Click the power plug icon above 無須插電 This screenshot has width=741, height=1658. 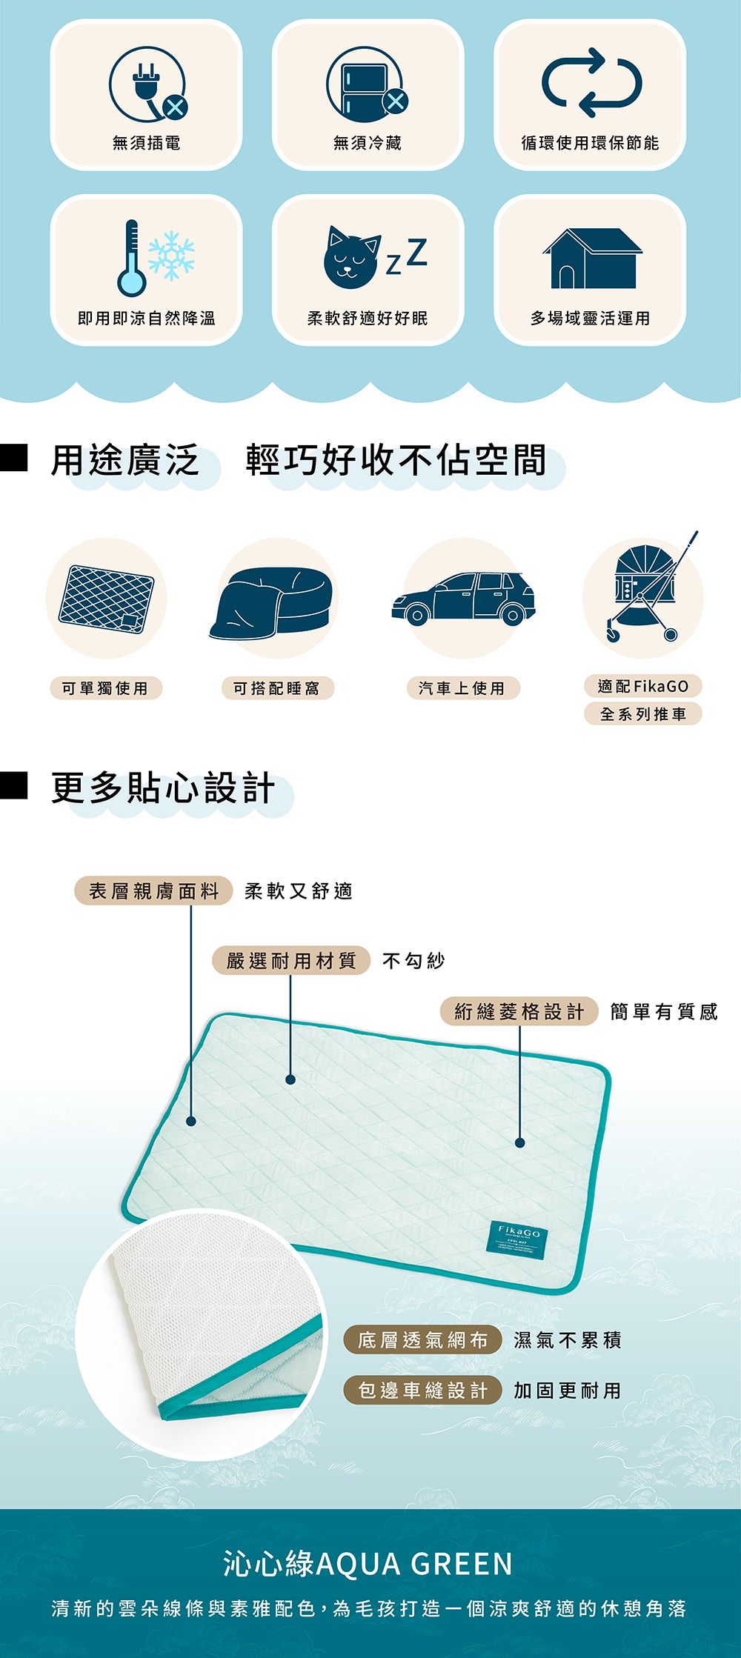[x=147, y=84]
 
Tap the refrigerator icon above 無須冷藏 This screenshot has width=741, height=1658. [x=366, y=84]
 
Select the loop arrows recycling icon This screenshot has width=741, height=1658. [x=591, y=82]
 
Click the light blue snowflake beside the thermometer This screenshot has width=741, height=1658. [x=171, y=256]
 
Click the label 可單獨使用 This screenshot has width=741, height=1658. [x=105, y=688]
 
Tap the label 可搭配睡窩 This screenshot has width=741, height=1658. [x=277, y=688]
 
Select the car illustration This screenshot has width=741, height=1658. [x=463, y=598]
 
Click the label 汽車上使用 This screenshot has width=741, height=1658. [x=462, y=688]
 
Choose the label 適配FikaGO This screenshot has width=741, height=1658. [x=642, y=686]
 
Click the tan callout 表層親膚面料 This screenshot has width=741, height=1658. [x=153, y=890]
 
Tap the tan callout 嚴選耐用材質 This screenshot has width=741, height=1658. [x=291, y=961]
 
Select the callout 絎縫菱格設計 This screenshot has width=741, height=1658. [x=519, y=1011]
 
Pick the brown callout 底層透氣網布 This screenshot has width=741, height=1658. [x=423, y=1339]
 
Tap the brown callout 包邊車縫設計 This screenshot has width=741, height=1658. [x=423, y=1390]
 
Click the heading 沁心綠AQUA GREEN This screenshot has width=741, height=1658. [x=368, y=1563]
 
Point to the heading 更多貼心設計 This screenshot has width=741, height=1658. [x=163, y=788]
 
